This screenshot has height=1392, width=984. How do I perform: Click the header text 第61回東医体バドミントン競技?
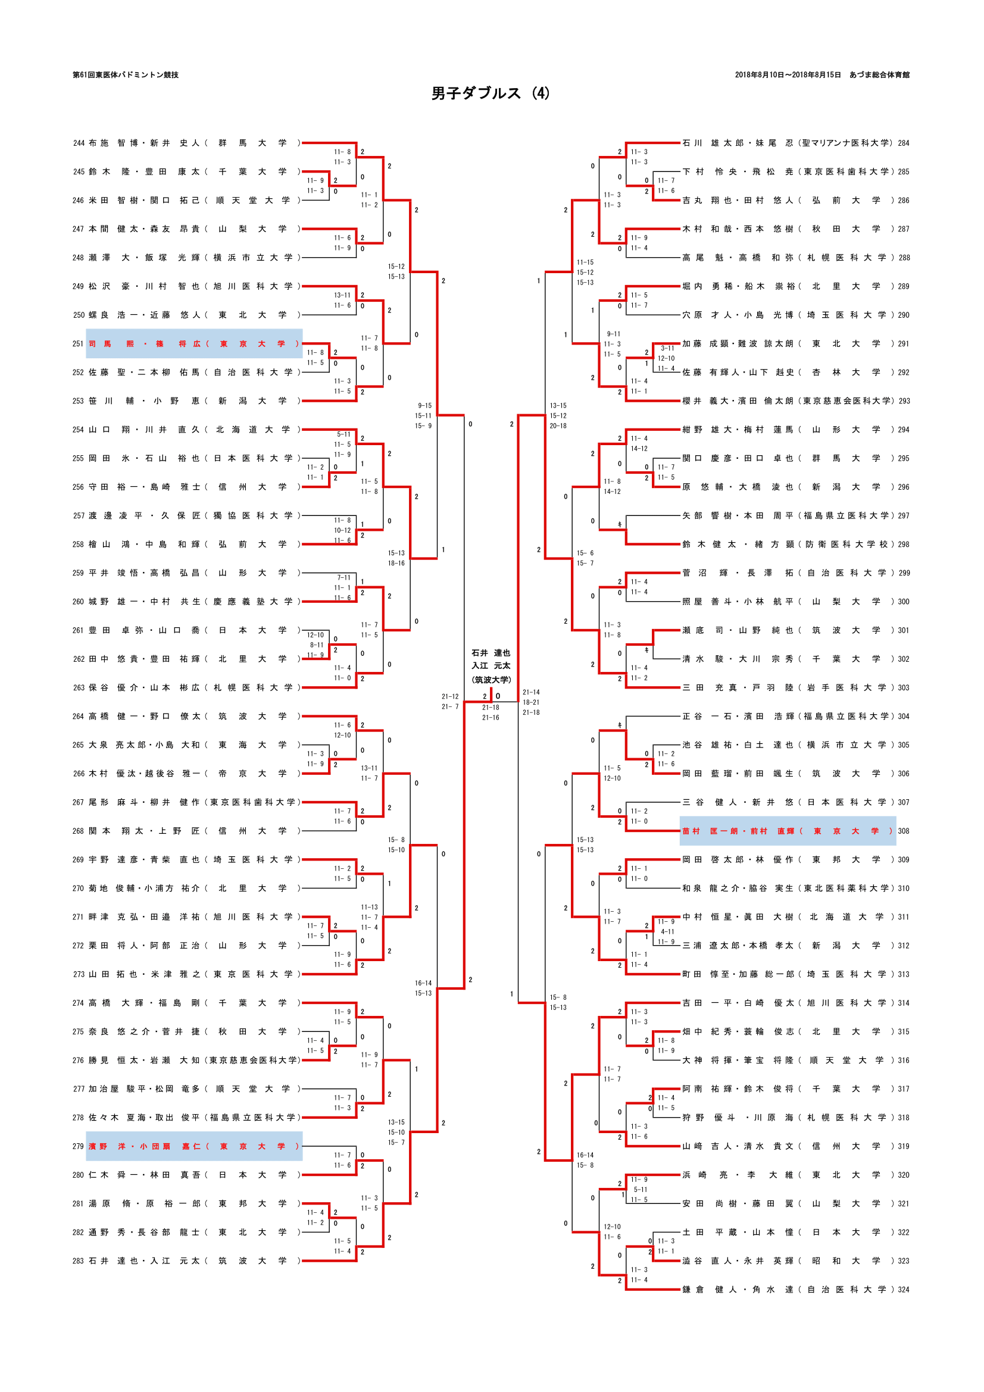[x=126, y=75]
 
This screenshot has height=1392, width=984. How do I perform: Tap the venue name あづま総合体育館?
[x=879, y=75]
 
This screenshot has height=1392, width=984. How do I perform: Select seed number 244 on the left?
[x=79, y=143]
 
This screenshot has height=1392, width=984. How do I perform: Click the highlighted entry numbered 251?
[x=194, y=344]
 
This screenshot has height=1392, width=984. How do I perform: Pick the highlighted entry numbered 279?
[x=194, y=1146]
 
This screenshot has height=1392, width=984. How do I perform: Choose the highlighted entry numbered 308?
[x=788, y=831]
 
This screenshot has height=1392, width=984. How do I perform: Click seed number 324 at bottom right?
[x=904, y=1290]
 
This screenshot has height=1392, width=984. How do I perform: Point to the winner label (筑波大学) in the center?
[x=491, y=680]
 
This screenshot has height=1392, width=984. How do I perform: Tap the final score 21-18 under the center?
[x=491, y=708]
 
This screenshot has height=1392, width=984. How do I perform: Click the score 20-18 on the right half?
[x=558, y=426]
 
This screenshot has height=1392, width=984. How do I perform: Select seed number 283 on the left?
[x=79, y=1261]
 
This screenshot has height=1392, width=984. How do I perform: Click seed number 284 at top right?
[x=904, y=143]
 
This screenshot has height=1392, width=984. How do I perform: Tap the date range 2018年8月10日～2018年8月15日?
[x=788, y=75]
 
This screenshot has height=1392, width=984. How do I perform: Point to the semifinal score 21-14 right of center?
[x=531, y=692]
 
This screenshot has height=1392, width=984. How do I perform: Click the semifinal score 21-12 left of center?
[x=450, y=697]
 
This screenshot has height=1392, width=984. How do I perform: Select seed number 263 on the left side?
[x=79, y=687]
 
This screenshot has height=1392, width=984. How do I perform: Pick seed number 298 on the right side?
[x=904, y=545]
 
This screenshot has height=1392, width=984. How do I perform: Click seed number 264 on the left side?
[x=79, y=717]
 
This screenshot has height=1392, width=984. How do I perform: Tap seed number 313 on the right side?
[x=904, y=974]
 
